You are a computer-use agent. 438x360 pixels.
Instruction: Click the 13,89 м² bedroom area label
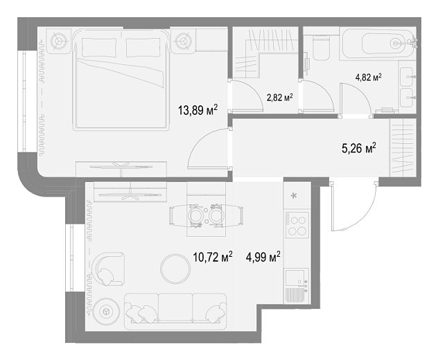pyautogui.click(x=198, y=110)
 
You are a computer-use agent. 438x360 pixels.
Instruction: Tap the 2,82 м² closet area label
pyautogui.click(x=280, y=98)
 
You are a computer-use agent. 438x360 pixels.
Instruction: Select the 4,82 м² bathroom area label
pyautogui.click(x=369, y=77)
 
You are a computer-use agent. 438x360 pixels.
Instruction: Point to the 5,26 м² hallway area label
pyautogui.click(x=359, y=148)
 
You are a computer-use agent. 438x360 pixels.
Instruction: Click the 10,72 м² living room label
pyautogui.click(x=213, y=257)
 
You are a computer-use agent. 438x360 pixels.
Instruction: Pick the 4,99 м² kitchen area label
pyautogui.click(x=263, y=257)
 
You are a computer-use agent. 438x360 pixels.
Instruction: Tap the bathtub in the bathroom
pyautogui.click(x=378, y=44)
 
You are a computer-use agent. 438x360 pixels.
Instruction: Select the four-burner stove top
pyautogui.click(x=297, y=225)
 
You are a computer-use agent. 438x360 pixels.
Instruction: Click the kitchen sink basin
pyautogui.click(x=295, y=277)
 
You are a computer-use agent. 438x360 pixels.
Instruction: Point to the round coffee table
pyautogui.click(x=175, y=269)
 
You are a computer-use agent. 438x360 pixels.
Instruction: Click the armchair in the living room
pyautogui.click(x=108, y=269)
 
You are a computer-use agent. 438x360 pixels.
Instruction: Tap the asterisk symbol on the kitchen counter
pyautogui.click(x=294, y=196)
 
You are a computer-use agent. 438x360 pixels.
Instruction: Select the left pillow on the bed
pyautogui.click(x=99, y=48)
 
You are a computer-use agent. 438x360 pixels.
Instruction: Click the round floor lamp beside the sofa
pyautogui.click(x=106, y=311)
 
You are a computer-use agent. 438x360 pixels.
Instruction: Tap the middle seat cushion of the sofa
pyautogui.click(x=175, y=307)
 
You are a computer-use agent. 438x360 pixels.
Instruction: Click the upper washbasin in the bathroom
pyautogui.click(x=407, y=76)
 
